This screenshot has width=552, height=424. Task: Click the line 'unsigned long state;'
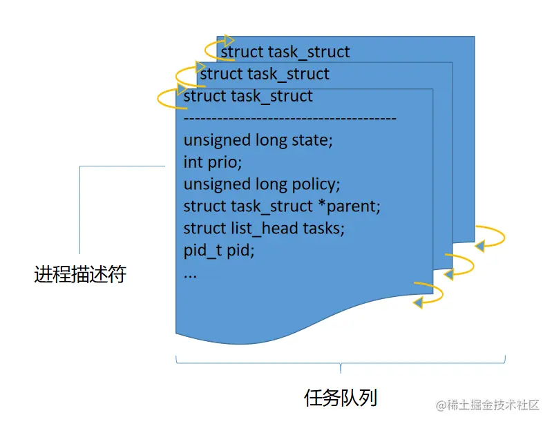(258, 140)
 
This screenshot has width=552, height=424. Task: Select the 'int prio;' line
(213, 162)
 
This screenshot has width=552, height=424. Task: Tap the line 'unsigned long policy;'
(262, 184)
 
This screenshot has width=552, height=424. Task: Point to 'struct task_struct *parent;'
(282, 206)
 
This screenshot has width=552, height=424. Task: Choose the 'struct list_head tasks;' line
(264, 228)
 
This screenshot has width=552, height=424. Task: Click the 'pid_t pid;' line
(219, 250)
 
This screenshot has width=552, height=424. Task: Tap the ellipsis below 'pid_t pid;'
(191, 274)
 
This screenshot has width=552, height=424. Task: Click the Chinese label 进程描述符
(80, 275)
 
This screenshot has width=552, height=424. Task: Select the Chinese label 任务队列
(341, 398)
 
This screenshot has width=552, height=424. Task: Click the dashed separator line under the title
(290, 119)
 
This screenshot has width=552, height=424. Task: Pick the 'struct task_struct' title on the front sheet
(248, 96)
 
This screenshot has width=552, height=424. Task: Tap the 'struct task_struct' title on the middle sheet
(265, 74)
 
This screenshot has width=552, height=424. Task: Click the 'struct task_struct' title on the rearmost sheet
(285, 52)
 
